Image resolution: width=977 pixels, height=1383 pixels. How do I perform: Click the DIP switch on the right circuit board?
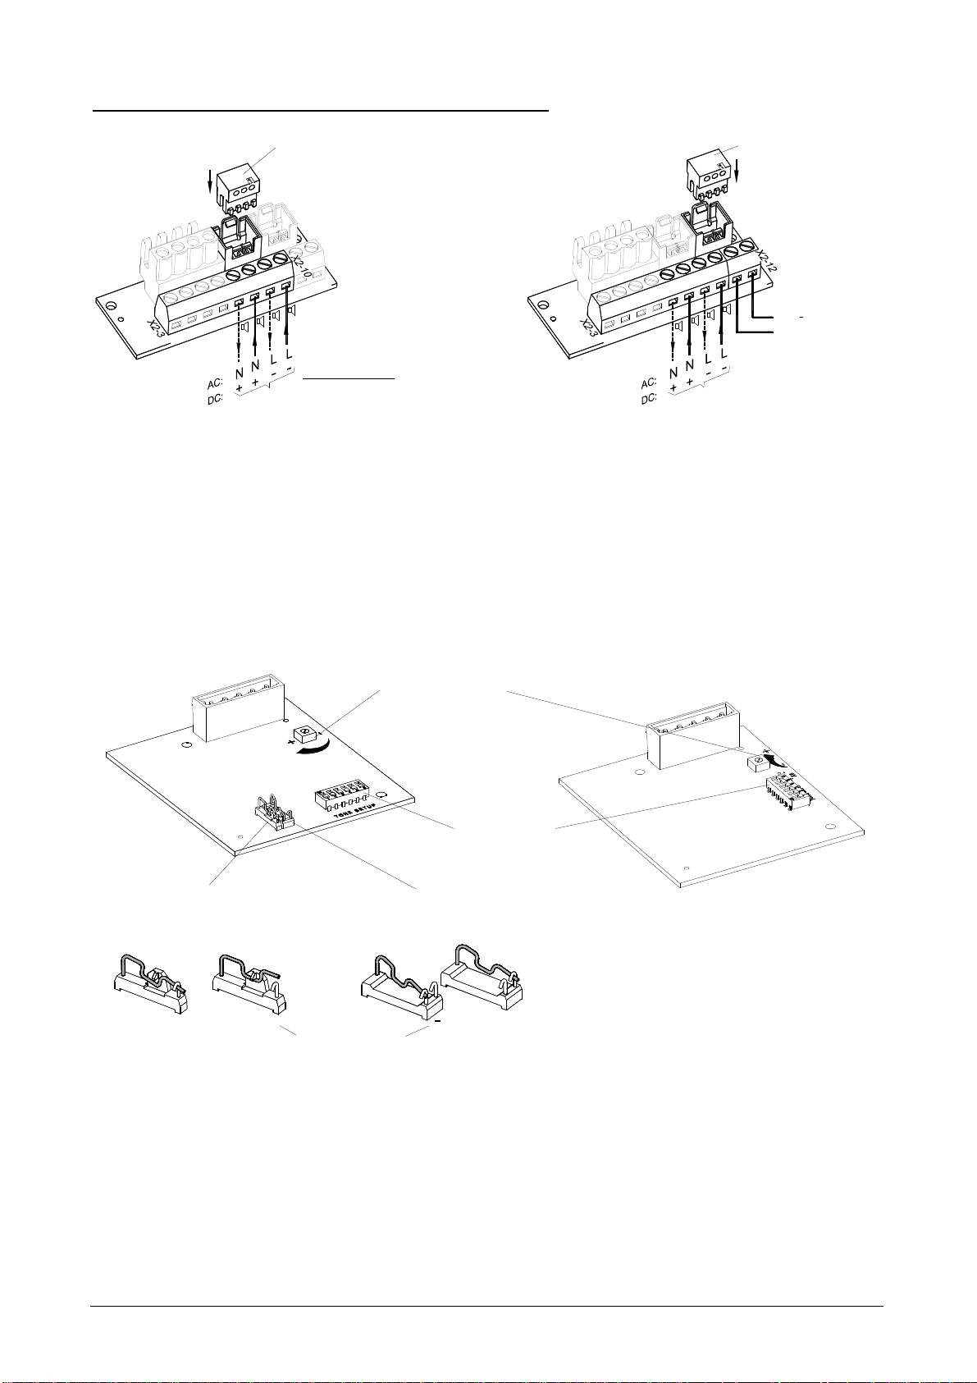point(786,794)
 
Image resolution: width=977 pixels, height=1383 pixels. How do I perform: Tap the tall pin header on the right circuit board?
point(687,740)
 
